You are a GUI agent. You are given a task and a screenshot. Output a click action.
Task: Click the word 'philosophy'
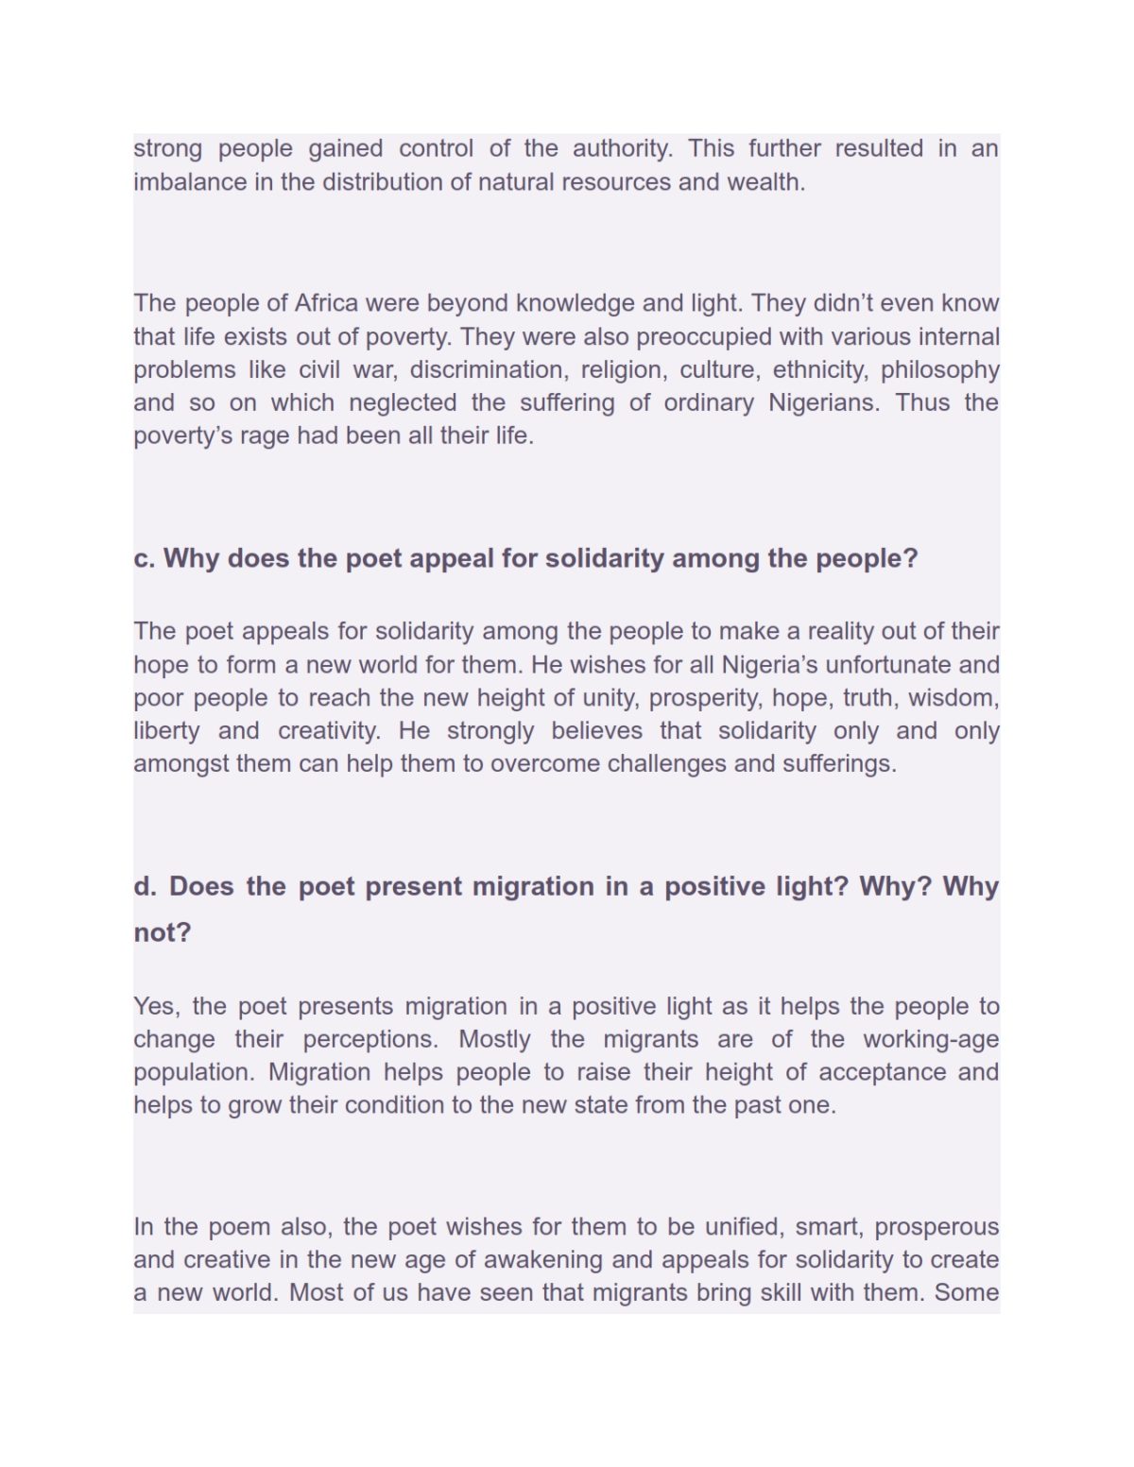pyautogui.click(x=939, y=369)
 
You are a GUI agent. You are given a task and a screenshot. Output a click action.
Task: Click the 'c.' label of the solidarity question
pyautogui.click(x=144, y=558)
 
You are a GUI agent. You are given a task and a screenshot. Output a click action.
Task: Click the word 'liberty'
pyautogui.click(x=166, y=730)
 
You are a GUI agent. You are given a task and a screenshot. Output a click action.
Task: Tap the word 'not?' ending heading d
pyautogui.click(x=163, y=932)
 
